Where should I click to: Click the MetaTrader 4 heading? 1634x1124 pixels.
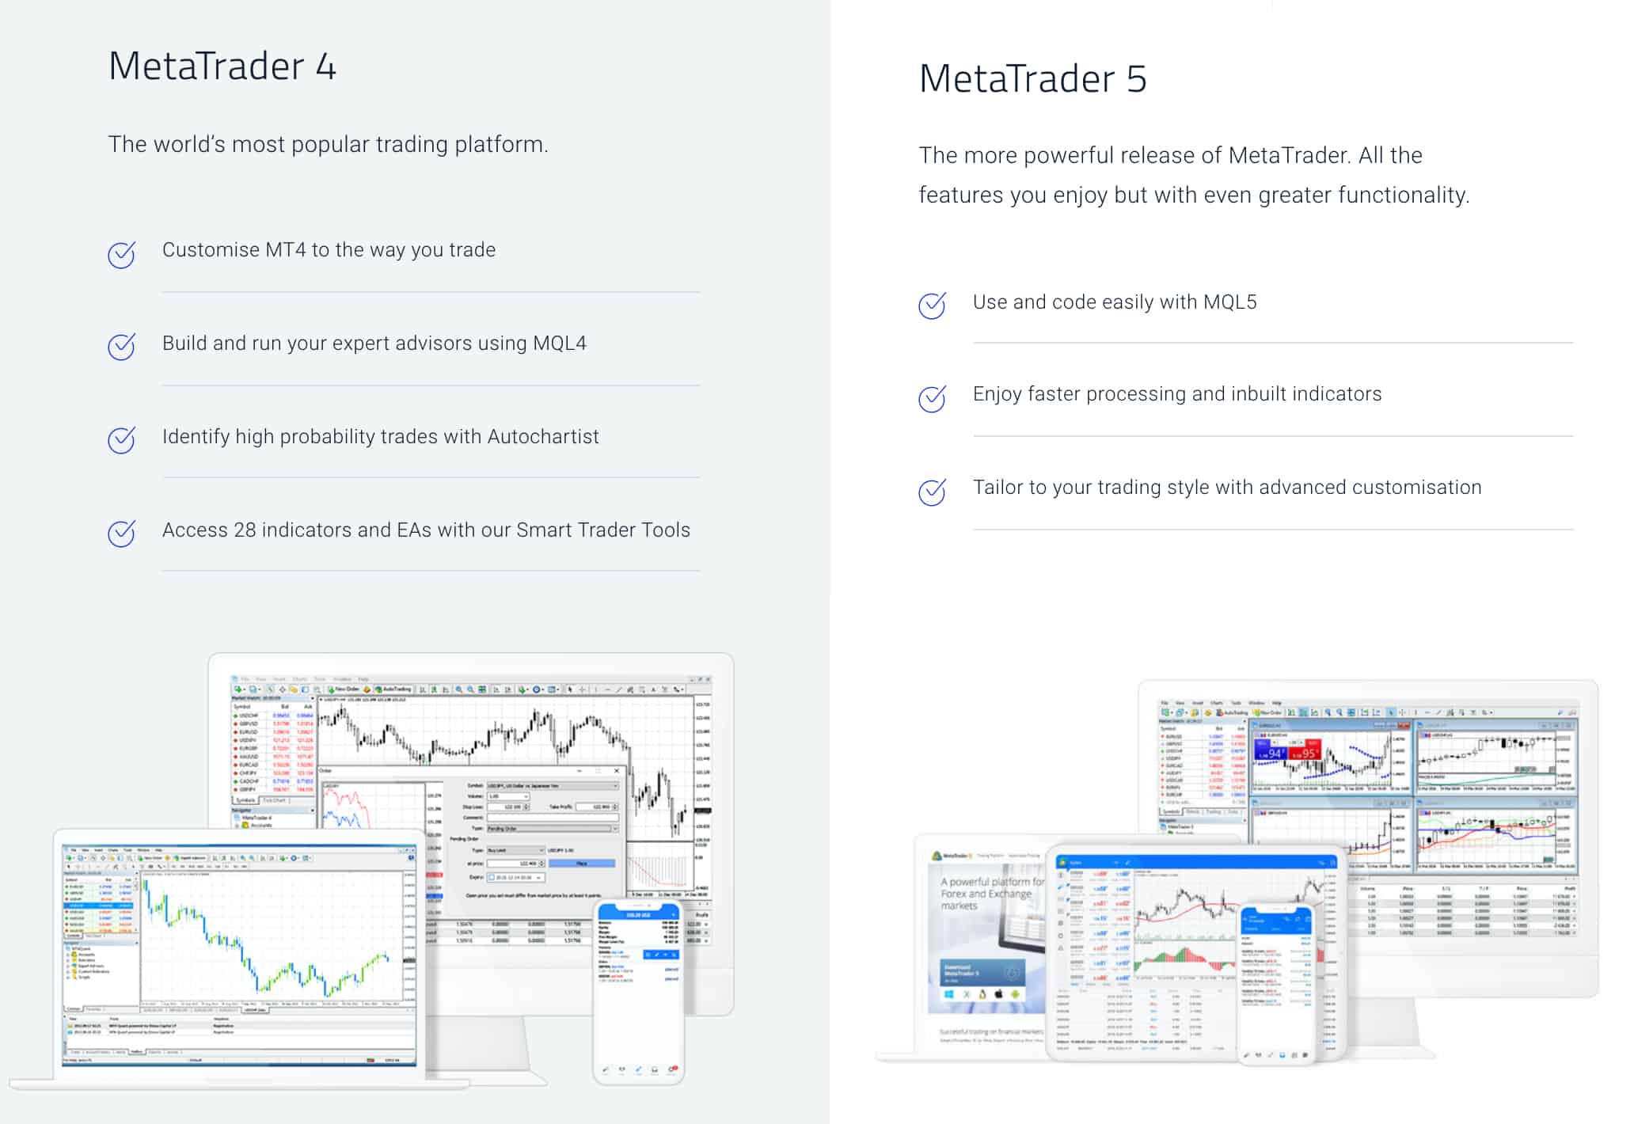[222, 66]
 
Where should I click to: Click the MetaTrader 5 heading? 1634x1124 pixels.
[1032, 79]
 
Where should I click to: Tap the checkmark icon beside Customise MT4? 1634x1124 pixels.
[121, 255]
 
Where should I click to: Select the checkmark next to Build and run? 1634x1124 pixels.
[121, 347]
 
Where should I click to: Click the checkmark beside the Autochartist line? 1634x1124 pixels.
[121, 440]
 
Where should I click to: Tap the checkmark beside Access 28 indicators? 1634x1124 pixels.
[121, 534]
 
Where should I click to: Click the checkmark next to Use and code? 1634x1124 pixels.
[932, 306]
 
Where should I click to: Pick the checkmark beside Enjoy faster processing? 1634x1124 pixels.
[932, 399]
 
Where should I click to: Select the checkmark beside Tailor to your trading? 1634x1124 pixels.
[932, 492]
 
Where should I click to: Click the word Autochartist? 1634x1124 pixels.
[543, 437]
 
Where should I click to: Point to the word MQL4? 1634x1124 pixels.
[559, 344]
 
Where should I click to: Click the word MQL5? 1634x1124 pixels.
[1229, 302]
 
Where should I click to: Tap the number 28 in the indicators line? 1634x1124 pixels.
[245, 530]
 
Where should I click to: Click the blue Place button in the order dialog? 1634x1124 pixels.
[581, 864]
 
